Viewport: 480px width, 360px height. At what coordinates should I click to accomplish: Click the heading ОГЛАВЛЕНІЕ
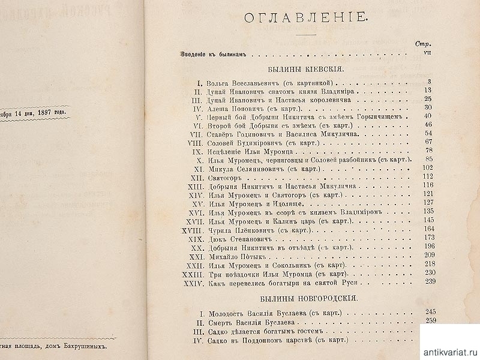304,18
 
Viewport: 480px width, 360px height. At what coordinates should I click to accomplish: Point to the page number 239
429,281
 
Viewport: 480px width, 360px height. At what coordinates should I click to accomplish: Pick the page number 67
428,142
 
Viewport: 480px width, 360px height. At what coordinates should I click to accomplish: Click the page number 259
430,320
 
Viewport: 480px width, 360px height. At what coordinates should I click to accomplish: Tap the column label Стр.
423,43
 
